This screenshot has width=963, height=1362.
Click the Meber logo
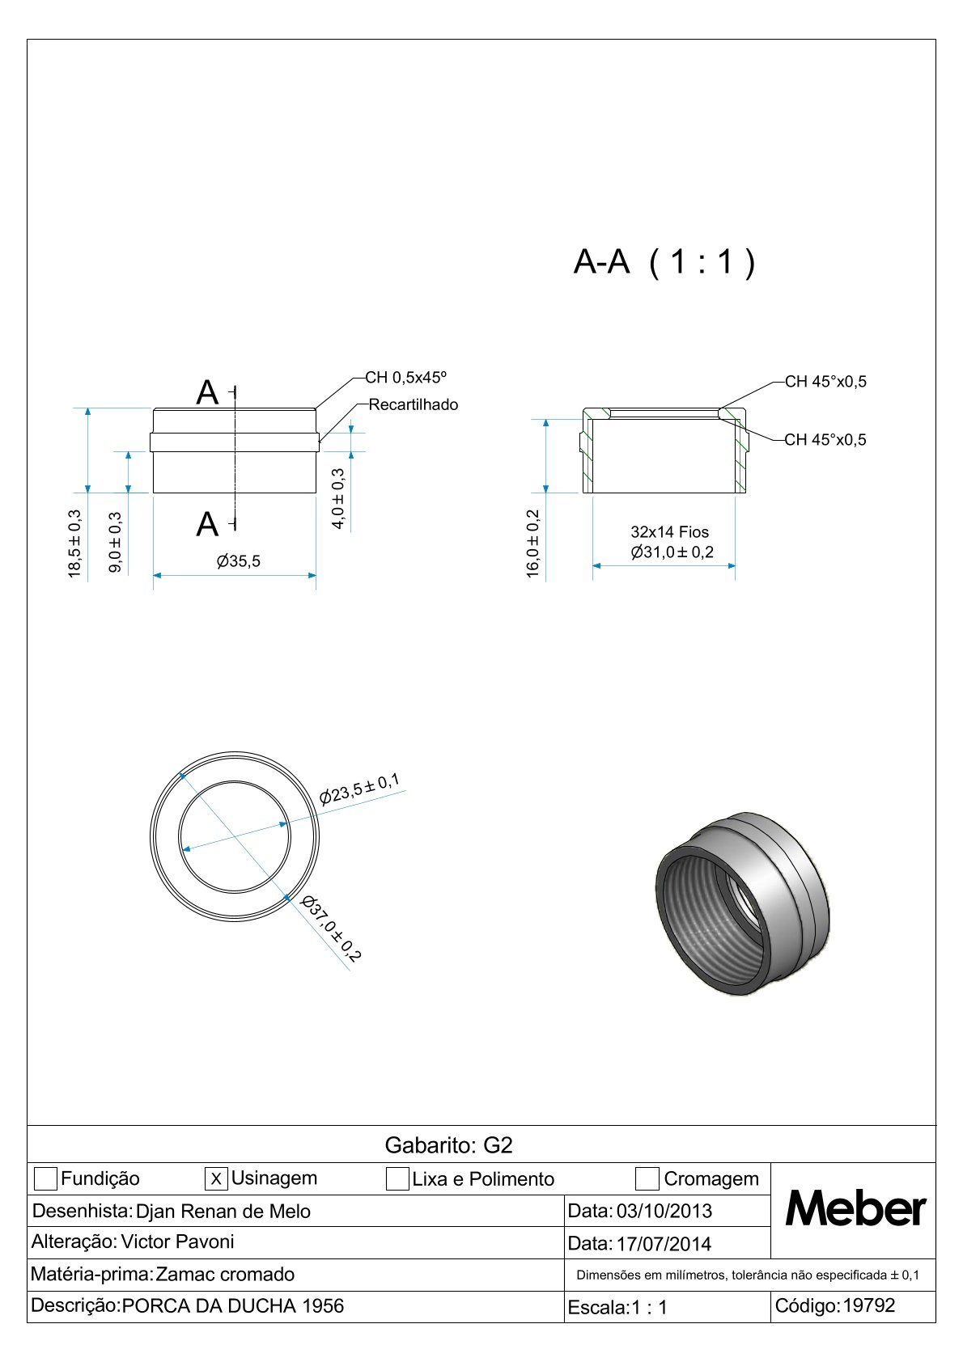855,1210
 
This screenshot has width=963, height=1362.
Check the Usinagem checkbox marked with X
216,1179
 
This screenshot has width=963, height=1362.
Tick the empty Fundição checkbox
46,1179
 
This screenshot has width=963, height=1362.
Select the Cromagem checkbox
647,1179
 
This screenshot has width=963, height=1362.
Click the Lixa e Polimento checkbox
397,1179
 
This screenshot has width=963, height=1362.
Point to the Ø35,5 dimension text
239,561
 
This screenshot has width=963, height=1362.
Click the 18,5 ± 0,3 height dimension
74,544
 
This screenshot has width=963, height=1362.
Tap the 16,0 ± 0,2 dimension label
533,544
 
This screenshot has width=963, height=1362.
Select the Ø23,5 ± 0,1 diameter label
359,789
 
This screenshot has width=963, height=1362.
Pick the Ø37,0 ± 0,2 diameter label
330,928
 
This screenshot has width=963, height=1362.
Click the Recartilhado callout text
413,404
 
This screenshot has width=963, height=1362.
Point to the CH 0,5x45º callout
405,378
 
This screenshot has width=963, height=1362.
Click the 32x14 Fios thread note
669,532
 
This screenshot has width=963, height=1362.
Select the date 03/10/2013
664,1211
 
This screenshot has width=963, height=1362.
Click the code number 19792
869,1305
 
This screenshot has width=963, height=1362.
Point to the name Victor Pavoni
177,1241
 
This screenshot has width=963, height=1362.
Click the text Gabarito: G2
448,1145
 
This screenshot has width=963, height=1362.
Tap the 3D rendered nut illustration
741,903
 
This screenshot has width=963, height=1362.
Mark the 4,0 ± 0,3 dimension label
338,499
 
